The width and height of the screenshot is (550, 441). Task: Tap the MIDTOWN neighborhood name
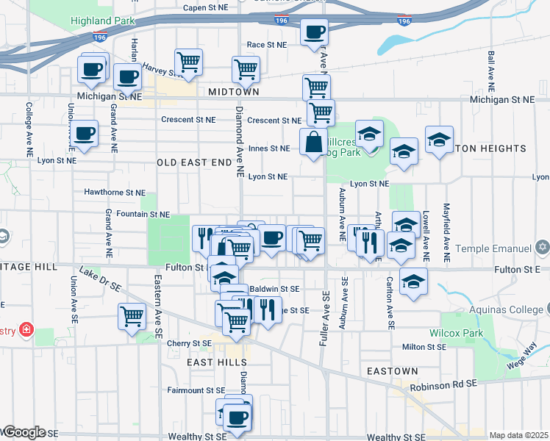[x=233, y=92]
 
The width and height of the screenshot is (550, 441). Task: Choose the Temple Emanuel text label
[x=491, y=248]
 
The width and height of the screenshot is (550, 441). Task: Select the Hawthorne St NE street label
[x=115, y=192]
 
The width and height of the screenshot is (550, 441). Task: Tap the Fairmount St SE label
[x=196, y=390]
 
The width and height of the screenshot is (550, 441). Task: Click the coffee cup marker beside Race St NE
[x=314, y=32]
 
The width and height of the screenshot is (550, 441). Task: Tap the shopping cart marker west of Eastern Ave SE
[x=132, y=317]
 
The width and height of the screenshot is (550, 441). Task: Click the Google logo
[x=24, y=432]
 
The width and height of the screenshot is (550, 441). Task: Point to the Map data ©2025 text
[x=519, y=435]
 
